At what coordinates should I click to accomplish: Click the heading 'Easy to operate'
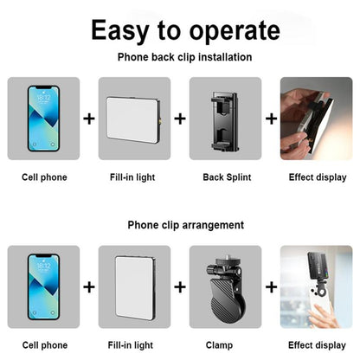(180, 31)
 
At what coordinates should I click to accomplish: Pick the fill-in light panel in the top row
(134, 118)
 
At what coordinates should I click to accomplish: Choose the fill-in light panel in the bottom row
(134, 286)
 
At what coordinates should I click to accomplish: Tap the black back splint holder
(225, 118)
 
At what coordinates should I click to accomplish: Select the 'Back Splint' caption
(225, 177)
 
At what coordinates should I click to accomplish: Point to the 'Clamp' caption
(225, 344)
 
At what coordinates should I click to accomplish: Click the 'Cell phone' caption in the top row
(43, 177)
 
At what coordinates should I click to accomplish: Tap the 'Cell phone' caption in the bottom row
(43, 344)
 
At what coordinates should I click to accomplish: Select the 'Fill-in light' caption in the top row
(134, 177)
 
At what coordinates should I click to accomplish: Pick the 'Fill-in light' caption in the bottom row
(134, 344)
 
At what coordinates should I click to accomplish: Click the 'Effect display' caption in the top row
(316, 177)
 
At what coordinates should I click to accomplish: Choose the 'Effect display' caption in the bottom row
(316, 344)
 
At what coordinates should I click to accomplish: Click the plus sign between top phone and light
(89, 118)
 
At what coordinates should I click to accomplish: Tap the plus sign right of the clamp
(270, 286)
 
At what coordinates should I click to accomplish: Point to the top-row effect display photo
(316, 118)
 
